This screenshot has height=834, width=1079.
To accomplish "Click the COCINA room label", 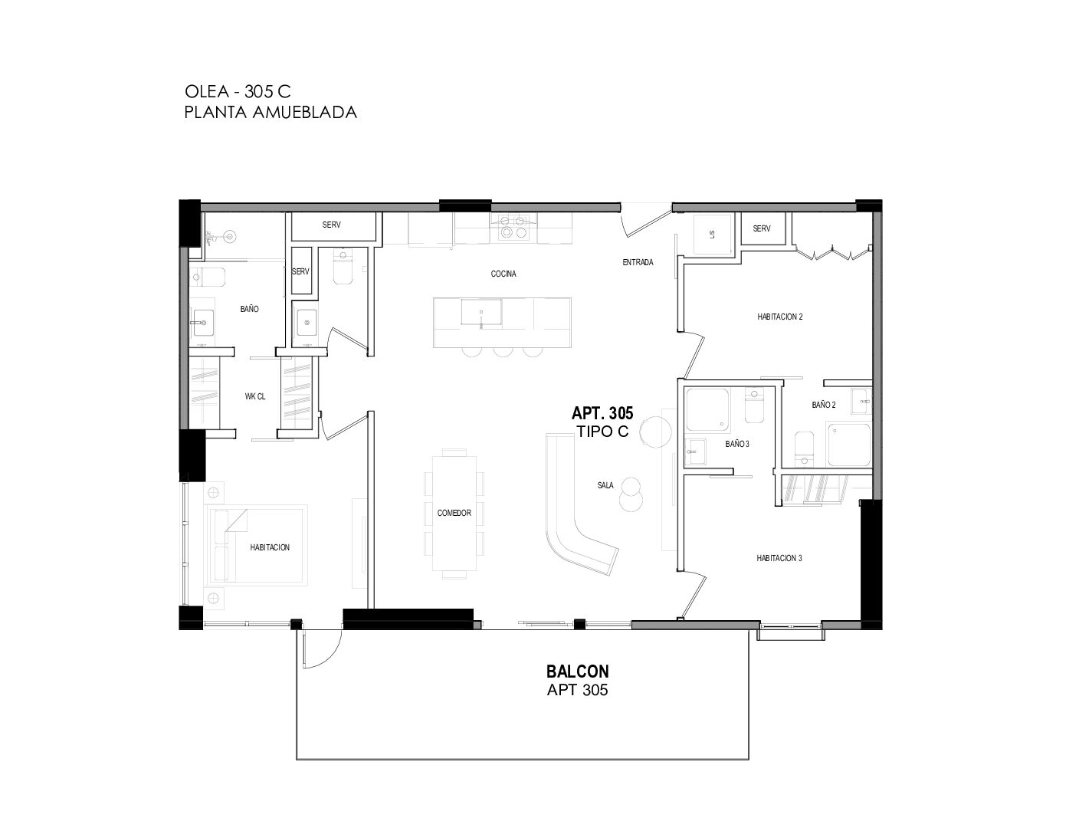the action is click(x=503, y=274).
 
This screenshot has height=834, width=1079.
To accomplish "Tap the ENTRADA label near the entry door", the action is click(x=638, y=262).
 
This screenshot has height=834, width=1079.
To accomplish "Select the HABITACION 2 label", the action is click(x=779, y=317).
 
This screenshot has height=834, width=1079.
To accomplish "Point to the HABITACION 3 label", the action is click(x=779, y=558).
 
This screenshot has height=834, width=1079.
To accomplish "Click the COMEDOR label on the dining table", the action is click(x=454, y=513).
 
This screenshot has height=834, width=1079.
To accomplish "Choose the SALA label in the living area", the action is click(x=605, y=485).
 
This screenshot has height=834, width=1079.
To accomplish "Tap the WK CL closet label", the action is click(x=254, y=396).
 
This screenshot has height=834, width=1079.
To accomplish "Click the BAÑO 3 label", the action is click(x=737, y=444).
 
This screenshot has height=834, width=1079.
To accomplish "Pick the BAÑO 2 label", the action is click(x=823, y=405).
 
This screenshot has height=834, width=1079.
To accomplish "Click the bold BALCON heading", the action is click(x=578, y=671).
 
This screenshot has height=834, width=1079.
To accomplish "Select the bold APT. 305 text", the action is click(x=602, y=412).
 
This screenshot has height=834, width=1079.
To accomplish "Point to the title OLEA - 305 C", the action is click(x=238, y=91).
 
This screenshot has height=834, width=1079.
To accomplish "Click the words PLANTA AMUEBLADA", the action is click(x=271, y=112).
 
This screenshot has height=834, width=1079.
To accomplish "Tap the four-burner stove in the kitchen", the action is click(x=513, y=228).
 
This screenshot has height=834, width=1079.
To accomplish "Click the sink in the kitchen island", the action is click(x=480, y=312).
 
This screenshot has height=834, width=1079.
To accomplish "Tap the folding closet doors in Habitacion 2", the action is click(x=832, y=253).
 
